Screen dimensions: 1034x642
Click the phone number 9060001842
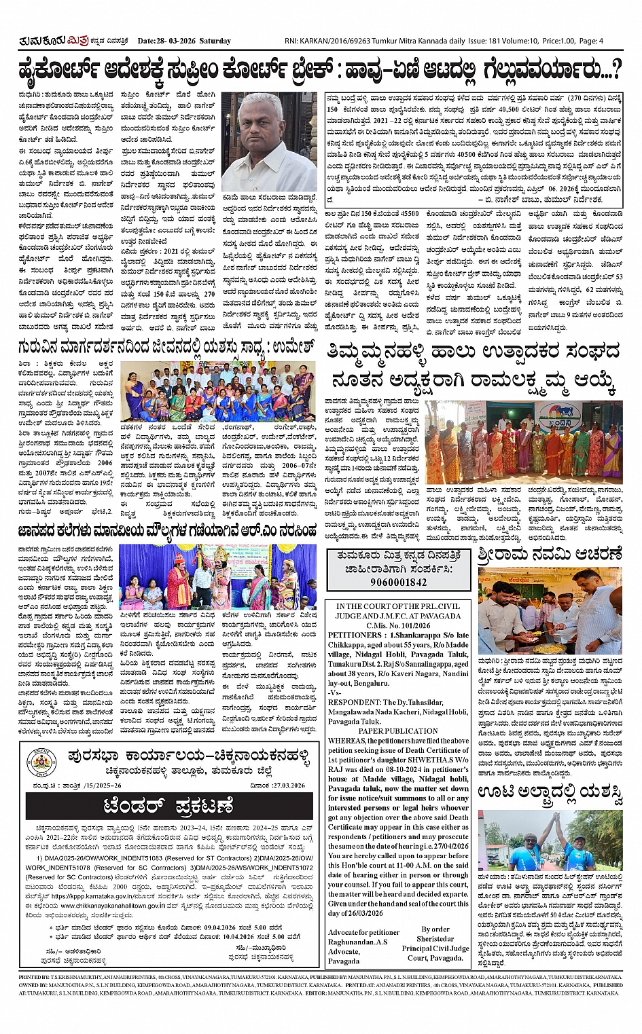(399, 582)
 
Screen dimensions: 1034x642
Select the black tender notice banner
(169, 807)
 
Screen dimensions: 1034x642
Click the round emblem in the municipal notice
(43, 762)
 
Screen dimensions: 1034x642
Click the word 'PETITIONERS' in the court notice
(355, 635)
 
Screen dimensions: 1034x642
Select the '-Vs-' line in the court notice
(334, 693)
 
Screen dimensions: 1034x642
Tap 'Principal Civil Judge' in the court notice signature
(435, 948)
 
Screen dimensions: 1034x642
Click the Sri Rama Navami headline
(550, 554)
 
